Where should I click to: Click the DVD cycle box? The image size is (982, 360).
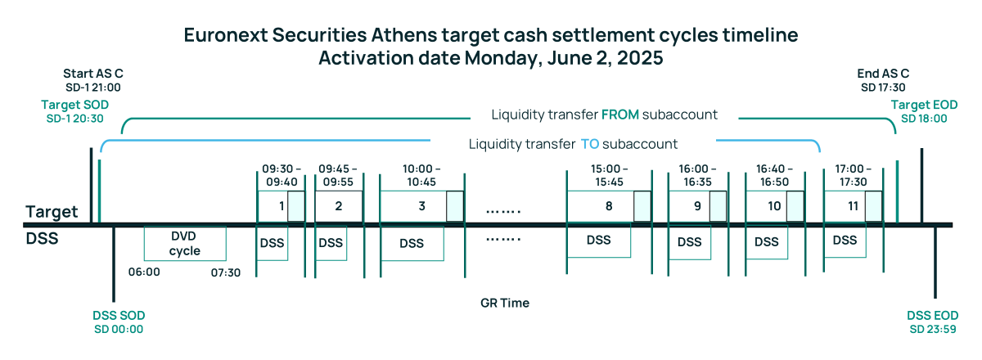pos(185,243)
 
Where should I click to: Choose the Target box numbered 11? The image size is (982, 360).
pos(853,206)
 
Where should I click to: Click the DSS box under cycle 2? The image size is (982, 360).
pos(331,242)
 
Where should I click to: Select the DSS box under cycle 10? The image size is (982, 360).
pos(766,242)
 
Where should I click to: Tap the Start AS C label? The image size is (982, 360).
pos(92,74)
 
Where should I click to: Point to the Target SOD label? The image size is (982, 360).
pos(74,106)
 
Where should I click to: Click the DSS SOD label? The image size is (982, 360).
pos(119,316)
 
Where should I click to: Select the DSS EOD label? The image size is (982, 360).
pos(934,316)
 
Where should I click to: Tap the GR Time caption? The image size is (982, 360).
pos(505,303)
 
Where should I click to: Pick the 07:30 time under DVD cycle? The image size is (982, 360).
pos(225,272)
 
